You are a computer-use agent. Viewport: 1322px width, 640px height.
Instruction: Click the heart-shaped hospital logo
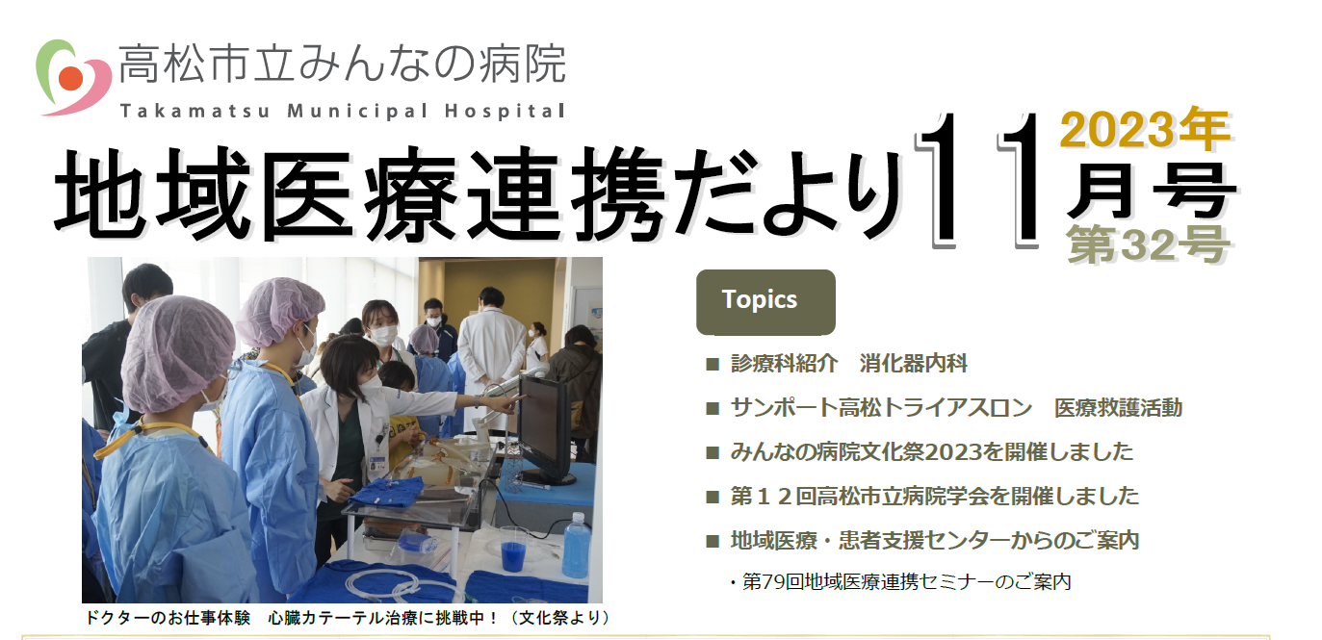73,77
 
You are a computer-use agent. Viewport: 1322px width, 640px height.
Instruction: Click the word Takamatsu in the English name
195,111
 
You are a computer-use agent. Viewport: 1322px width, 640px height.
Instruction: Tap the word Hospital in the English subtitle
505,111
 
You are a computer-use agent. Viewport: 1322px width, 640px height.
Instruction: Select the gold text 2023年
1145,129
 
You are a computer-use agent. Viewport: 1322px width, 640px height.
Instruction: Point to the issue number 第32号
1148,243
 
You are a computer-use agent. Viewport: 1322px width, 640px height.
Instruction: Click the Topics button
765,302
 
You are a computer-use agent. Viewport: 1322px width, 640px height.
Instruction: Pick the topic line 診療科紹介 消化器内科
848,364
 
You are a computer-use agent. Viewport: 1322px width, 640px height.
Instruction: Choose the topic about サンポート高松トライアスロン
956,408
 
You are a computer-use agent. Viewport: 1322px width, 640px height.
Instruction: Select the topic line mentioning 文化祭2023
931,451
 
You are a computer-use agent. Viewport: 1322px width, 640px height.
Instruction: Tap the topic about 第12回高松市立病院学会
934,496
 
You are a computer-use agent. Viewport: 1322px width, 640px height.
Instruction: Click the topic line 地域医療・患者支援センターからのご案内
934,540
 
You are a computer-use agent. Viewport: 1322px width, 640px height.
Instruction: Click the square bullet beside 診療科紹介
713,364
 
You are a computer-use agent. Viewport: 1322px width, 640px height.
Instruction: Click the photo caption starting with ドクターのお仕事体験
349,618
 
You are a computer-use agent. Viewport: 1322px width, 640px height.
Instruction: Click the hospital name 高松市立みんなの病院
343,64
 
